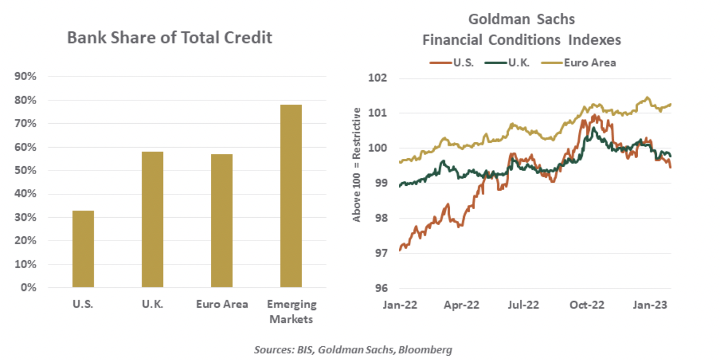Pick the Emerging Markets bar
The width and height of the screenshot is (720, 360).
291,196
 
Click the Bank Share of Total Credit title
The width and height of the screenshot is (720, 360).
169,38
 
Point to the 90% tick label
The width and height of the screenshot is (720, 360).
25,76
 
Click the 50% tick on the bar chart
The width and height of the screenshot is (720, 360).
25,170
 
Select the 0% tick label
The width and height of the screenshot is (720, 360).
28,288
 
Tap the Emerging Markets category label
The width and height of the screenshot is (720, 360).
291,312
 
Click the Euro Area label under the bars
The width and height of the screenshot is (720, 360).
221,305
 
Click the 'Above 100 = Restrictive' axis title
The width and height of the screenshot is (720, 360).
358,165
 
